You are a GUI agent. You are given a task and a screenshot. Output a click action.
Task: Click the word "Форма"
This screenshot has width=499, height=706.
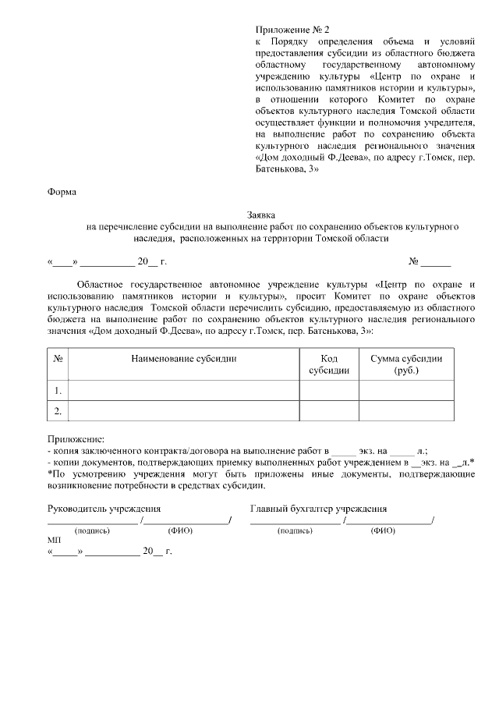(x=62, y=190)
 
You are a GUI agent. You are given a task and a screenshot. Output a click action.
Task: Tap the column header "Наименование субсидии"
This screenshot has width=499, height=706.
(x=183, y=359)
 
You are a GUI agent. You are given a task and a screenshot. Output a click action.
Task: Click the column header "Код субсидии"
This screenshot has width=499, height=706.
(x=328, y=364)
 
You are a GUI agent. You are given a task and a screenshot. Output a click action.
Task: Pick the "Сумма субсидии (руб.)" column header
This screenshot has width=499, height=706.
(x=406, y=364)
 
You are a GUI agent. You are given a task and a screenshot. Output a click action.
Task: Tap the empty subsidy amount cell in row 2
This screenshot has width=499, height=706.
(x=406, y=410)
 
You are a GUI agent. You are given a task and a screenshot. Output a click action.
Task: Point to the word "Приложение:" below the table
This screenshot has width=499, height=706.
(x=75, y=440)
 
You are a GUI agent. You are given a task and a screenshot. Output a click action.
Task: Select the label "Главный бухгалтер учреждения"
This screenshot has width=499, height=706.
(x=318, y=509)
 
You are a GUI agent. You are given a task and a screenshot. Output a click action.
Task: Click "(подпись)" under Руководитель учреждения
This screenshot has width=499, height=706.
(x=92, y=530)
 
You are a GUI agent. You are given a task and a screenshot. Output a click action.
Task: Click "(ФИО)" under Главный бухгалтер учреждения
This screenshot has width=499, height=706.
(x=383, y=530)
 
